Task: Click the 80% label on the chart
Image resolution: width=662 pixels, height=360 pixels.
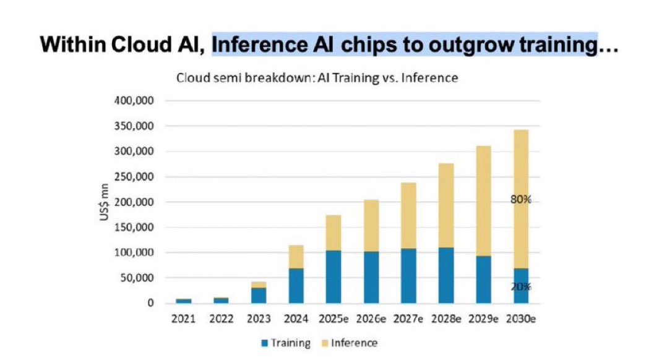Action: [x=521, y=200]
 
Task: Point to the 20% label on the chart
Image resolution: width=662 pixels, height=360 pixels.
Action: [x=521, y=287]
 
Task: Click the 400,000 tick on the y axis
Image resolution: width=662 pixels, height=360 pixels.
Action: [x=134, y=101]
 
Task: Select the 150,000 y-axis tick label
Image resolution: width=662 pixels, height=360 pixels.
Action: [x=134, y=228]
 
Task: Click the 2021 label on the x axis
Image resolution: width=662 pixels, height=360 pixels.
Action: [x=184, y=319]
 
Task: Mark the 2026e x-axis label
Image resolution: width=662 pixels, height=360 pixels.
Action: [x=371, y=319]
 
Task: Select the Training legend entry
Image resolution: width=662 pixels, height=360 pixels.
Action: [x=285, y=343]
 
